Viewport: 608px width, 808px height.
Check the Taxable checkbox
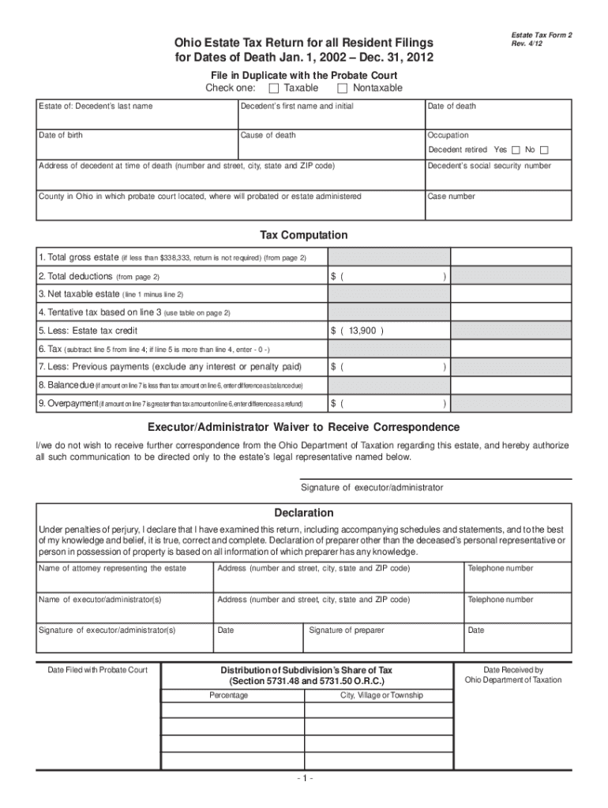pyautogui.click(x=274, y=88)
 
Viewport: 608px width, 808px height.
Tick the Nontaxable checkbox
pyautogui.click(x=342, y=88)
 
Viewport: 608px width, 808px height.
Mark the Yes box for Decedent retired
pyautogui.click(x=516, y=150)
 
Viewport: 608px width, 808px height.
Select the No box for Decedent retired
pyautogui.click(x=544, y=150)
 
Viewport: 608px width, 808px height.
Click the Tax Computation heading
pyautogui.click(x=304, y=235)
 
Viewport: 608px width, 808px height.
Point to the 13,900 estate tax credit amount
pyautogui.click(x=364, y=331)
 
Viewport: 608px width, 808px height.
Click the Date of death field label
pyautogui.click(x=452, y=107)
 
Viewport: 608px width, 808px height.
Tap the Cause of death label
pyautogui.click(x=268, y=136)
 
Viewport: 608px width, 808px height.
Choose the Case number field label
pyautogui.click(x=452, y=196)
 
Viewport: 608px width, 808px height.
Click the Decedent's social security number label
pyautogui.click(x=490, y=166)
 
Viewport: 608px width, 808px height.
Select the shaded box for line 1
pyautogui.click(x=389, y=257)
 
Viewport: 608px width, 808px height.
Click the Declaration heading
pyautogui.click(x=304, y=513)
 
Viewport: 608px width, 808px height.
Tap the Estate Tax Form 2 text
pyautogui.click(x=542, y=36)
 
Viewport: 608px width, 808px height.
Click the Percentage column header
pyautogui.click(x=228, y=695)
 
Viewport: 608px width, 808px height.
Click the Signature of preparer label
pyautogui.click(x=347, y=630)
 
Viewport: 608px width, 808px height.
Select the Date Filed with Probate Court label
pyautogui.click(x=98, y=671)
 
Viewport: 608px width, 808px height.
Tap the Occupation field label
pyautogui.click(x=448, y=136)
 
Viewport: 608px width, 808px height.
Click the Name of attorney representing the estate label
pyautogui.click(x=112, y=568)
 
